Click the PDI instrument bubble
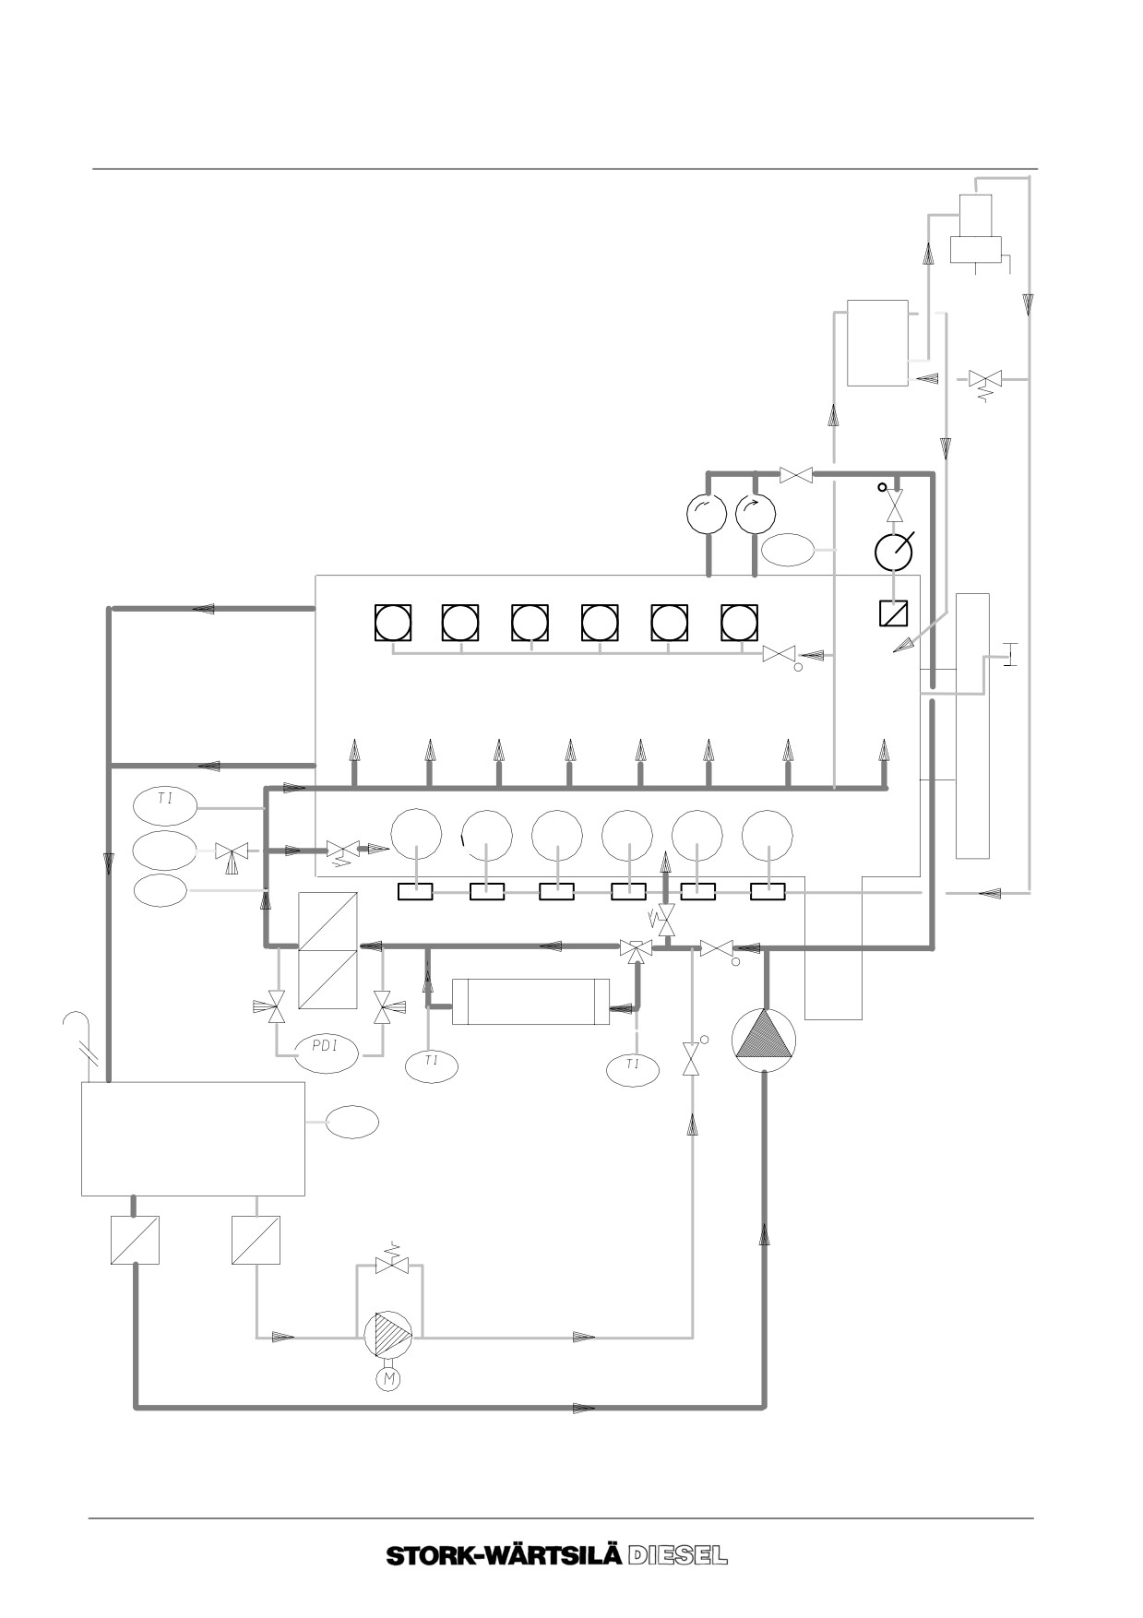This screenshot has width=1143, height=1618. click(326, 1053)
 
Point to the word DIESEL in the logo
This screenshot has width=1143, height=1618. click(677, 1554)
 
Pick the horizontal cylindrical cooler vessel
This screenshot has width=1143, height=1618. click(531, 1002)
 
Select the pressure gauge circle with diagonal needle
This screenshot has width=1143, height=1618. click(893, 551)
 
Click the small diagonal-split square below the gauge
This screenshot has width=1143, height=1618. click(893, 613)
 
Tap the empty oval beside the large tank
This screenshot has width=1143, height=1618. click(351, 1123)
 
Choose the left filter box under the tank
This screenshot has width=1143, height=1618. click(135, 1240)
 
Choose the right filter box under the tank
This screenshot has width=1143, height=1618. click(256, 1240)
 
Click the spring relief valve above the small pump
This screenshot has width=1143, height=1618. click(391, 1261)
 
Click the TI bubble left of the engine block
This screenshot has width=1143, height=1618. click(165, 803)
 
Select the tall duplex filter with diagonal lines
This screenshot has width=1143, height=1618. click(328, 950)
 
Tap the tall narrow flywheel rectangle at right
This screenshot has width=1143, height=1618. click(972, 726)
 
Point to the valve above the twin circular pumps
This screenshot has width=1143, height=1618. click(795, 475)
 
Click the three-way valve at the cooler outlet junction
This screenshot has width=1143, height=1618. click(635, 948)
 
